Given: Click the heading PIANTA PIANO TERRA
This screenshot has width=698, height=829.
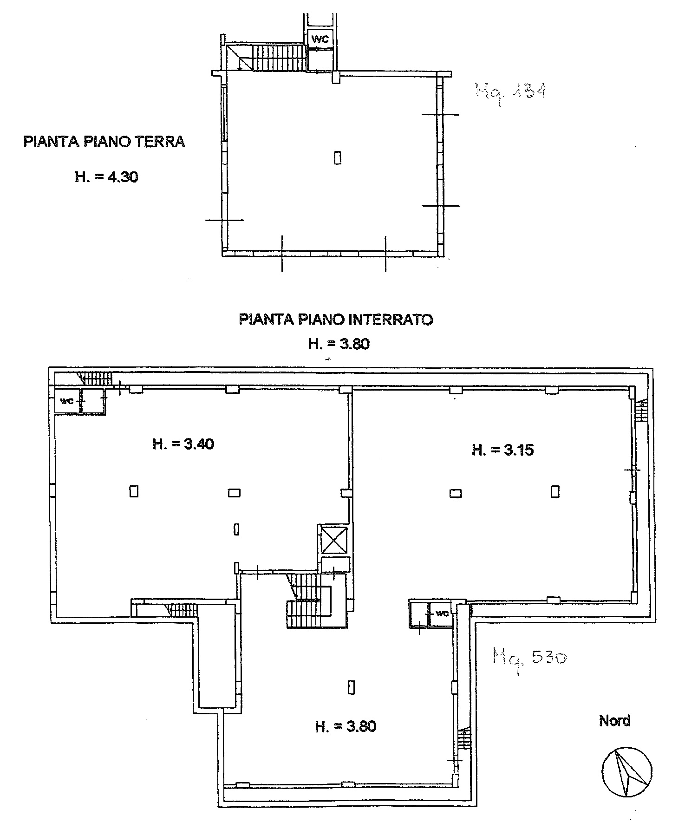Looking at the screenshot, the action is point(104,141).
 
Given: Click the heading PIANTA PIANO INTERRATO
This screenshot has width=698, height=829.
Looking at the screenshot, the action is point(336,320).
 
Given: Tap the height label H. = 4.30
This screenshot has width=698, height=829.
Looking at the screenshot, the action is point(106,177).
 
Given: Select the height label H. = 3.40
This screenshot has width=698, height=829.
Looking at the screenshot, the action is point(183,444).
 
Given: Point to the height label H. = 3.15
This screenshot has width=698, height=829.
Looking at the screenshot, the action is point(502,450).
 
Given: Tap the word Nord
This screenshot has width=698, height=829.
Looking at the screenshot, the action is point(614,721).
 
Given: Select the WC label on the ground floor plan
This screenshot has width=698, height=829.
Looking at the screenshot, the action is point(320,39).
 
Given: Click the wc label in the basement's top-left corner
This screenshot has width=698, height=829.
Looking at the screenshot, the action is point(67,401).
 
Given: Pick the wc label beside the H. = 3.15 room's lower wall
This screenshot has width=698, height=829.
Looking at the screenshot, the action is point(442,614).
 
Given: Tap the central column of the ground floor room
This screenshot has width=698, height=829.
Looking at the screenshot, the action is point(338,158).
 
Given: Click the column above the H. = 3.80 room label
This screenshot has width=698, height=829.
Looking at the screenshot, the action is point(351,687).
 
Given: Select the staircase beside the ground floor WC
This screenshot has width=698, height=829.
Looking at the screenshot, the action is point(273,58).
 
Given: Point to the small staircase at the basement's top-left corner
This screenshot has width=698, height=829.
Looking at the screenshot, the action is point(95,379).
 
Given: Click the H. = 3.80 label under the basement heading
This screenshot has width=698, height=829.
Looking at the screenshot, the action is point(339,344).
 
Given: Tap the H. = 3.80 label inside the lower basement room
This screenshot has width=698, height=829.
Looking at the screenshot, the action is point(345,726).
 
